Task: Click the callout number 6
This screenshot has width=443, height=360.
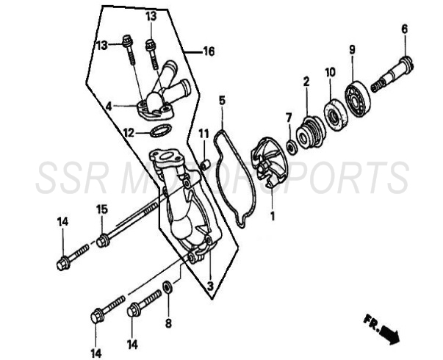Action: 405,29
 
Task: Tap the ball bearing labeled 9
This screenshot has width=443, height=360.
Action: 358,98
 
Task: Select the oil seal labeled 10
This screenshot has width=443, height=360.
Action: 335,115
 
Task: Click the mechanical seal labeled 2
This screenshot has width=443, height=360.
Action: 311,132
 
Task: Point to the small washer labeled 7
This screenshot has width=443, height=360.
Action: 291,147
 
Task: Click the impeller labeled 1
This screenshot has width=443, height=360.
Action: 267,162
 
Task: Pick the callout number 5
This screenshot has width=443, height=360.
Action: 222,101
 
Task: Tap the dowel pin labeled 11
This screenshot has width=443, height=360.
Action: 204,165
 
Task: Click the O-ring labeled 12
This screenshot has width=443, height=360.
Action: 160,131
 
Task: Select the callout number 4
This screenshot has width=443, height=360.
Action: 109,107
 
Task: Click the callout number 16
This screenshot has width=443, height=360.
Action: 209,51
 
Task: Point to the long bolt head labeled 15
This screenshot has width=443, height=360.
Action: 102,242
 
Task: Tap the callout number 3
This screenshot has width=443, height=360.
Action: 210,286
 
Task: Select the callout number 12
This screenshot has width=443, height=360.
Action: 129,133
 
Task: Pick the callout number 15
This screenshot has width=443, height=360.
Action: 102,209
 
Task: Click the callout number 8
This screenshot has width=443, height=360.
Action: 168,323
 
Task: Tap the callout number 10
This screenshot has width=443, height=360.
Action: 330,72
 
